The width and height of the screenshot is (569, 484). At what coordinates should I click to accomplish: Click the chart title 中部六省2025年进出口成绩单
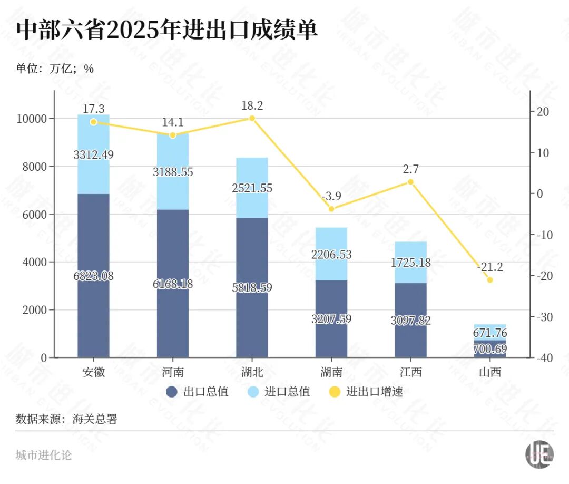166,31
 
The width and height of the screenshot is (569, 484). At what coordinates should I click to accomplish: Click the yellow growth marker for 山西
490,280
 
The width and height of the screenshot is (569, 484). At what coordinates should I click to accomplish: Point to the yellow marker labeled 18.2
252,118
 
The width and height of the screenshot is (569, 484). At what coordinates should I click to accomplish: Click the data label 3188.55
172,172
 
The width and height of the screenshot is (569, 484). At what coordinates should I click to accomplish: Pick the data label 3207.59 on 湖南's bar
331,319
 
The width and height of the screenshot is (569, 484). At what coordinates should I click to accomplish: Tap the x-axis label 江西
410,372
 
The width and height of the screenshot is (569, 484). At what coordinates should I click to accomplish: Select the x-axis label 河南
172,372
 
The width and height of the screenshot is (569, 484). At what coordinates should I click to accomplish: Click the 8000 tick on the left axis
34,167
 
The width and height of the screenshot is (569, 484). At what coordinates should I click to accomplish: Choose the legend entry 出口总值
197,392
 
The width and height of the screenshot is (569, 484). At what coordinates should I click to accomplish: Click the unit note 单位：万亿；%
55,69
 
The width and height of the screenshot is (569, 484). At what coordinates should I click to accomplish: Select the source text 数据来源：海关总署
66,420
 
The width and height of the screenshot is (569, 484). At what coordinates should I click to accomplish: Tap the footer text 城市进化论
44,455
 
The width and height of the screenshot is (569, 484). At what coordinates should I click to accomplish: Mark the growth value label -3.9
331,196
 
